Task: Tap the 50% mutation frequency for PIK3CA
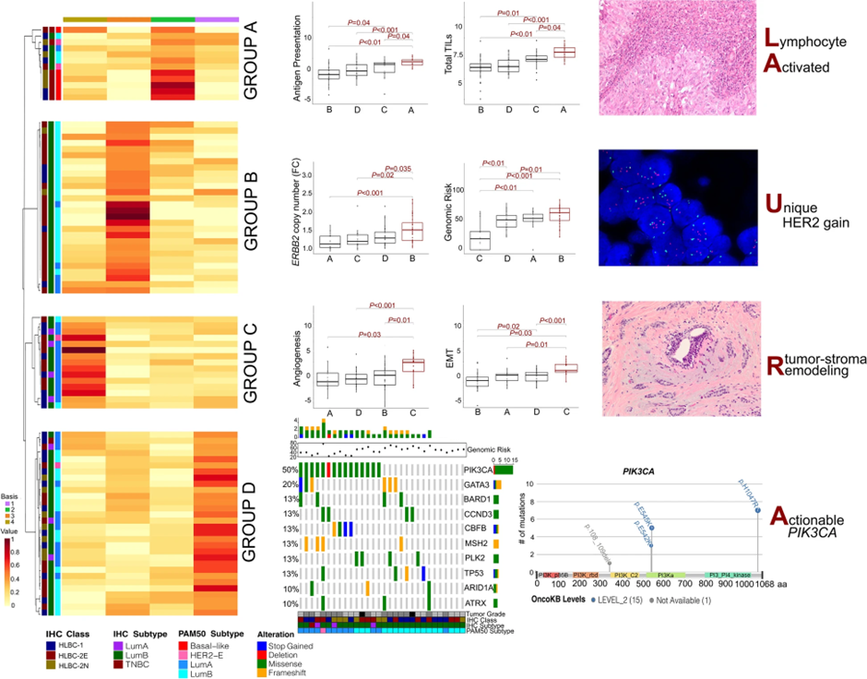point(288,469)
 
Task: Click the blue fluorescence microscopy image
point(678,203)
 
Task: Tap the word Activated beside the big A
point(812,66)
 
